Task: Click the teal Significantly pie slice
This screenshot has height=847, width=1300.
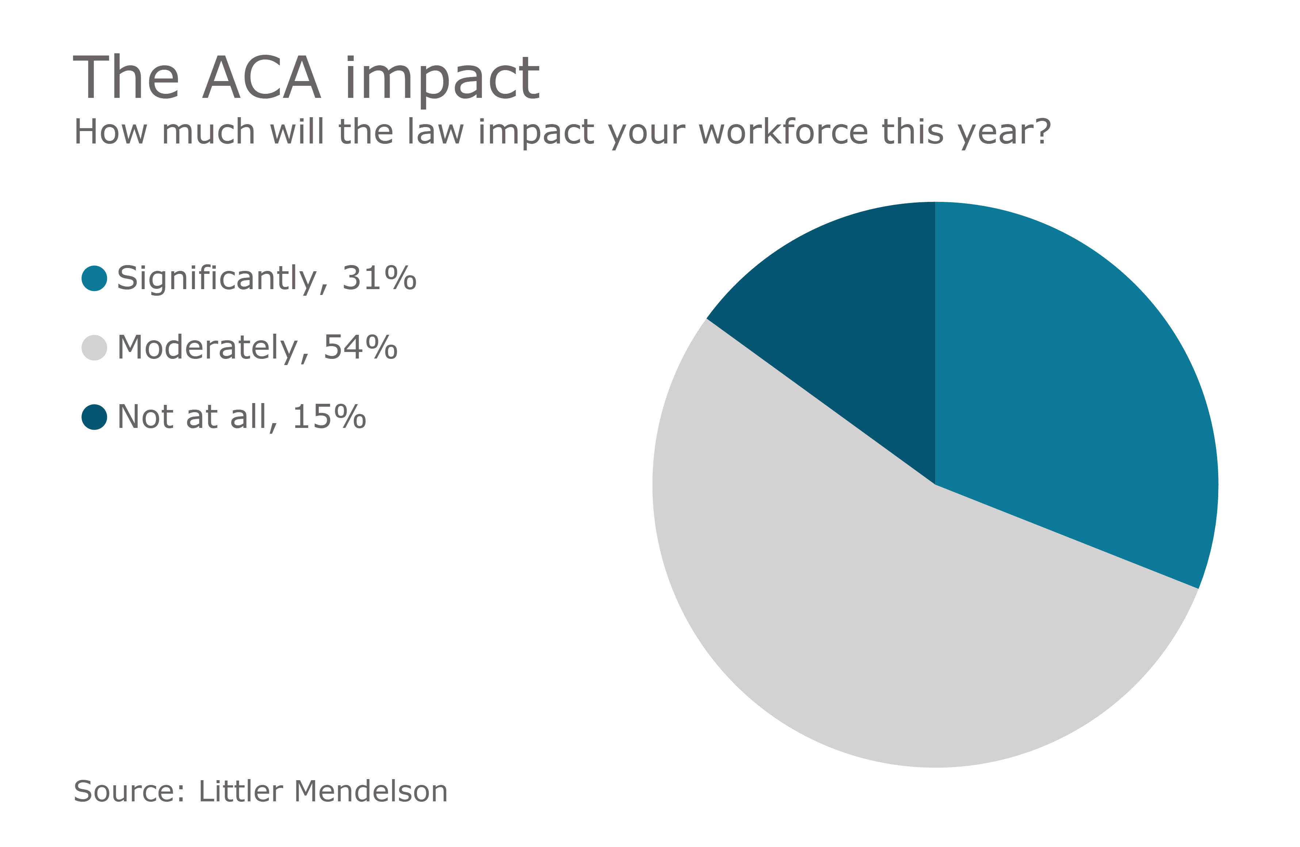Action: tap(1071, 382)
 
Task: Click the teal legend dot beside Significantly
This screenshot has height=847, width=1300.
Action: tap(94, 279)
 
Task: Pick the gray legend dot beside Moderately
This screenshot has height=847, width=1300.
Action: tap(94, 348)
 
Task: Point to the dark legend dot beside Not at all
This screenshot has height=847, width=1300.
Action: tap(94, 417)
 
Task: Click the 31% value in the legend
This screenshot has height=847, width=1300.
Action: tap(379, 279)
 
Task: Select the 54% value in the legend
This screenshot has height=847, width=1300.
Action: tap(360, 348)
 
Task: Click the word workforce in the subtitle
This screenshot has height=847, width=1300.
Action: tap(783, 132)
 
